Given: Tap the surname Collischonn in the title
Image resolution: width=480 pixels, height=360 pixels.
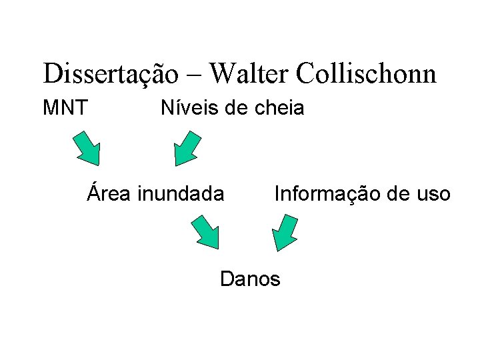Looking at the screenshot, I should (x=365, y=73).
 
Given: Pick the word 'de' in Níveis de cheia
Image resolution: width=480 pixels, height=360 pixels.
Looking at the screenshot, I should (x=235, y=107).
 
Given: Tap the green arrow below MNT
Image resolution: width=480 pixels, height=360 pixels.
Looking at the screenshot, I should (x=86, y=147).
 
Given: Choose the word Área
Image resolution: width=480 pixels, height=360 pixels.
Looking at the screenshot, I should (x=111, y=193).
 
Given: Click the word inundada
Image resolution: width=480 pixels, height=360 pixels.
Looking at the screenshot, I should (x=180, y=194).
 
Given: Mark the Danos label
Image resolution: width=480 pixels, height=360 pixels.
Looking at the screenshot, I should (x=250, y=278).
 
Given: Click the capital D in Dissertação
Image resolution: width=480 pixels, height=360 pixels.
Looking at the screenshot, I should (x=51, y=73).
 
